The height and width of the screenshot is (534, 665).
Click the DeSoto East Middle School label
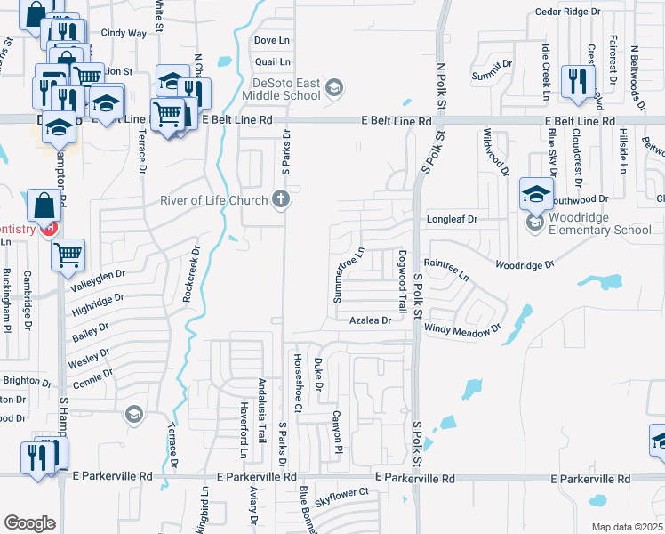click(x=281, y=88)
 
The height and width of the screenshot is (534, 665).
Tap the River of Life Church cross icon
click(x=281, y=198)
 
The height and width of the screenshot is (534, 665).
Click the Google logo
click(x=29, y=522)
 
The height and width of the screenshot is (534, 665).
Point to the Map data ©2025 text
click(x=627, y=527)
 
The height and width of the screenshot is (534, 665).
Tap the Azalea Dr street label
click(x=370, y=320)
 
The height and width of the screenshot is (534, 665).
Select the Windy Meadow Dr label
click(x=462, y=328)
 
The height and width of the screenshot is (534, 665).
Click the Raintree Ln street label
click(x=446, y=268)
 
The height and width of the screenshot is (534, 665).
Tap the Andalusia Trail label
click(x=261, y=410)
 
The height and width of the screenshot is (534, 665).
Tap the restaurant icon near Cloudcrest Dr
click(x=578, y=81)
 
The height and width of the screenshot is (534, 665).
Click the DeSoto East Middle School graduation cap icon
click(x=332, y=86)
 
